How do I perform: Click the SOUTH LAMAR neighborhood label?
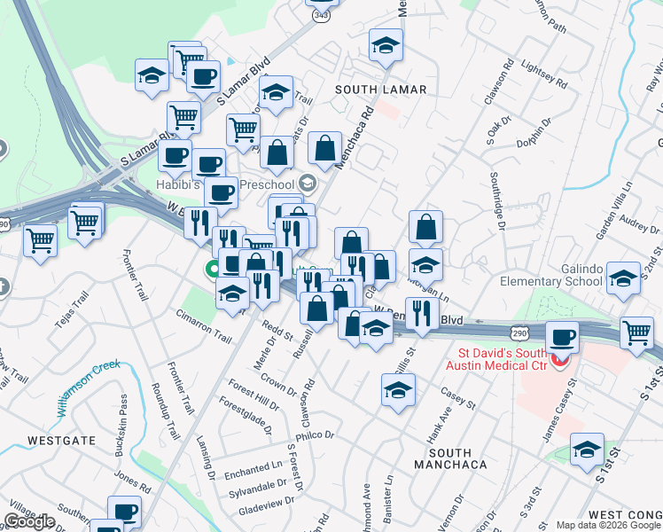[381, 90]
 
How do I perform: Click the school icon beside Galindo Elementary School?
[624, 278]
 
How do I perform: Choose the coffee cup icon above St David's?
[563, 337]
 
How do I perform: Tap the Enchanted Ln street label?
[252, 468]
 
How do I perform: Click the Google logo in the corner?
[29, 521]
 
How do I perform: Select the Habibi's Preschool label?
[239, 184]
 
